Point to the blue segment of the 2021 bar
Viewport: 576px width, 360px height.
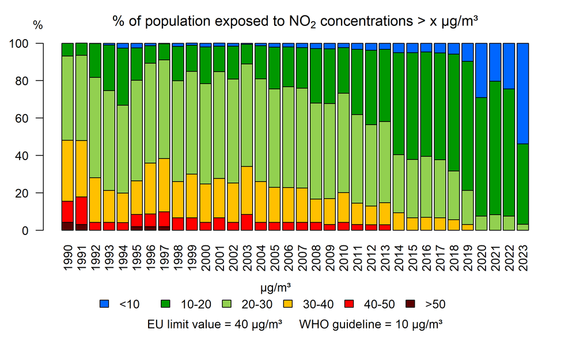coord(495,62)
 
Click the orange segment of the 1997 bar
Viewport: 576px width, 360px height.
coord(164,185)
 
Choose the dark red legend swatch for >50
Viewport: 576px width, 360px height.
coord(410,304)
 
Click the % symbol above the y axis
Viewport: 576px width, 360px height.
coord(37,25)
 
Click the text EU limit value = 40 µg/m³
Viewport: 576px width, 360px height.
coord(215,324)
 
